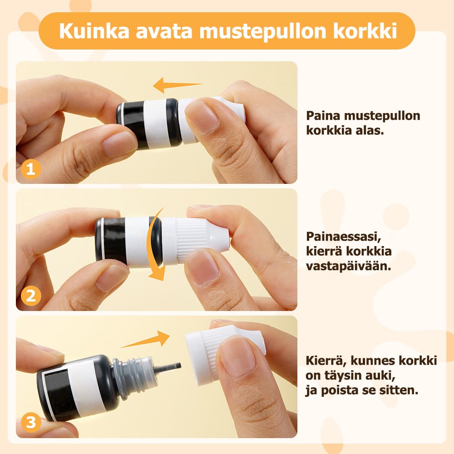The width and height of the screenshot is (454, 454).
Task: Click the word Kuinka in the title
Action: click(94, 31)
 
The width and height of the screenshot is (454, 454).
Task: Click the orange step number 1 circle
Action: click(31, 169)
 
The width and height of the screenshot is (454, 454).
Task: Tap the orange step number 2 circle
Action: click(31, 296)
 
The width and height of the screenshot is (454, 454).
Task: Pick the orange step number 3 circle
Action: click(31, 422)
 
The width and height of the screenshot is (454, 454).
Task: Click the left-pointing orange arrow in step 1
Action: click(178, 85)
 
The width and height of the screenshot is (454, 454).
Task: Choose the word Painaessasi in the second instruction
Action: click(343, 237)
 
